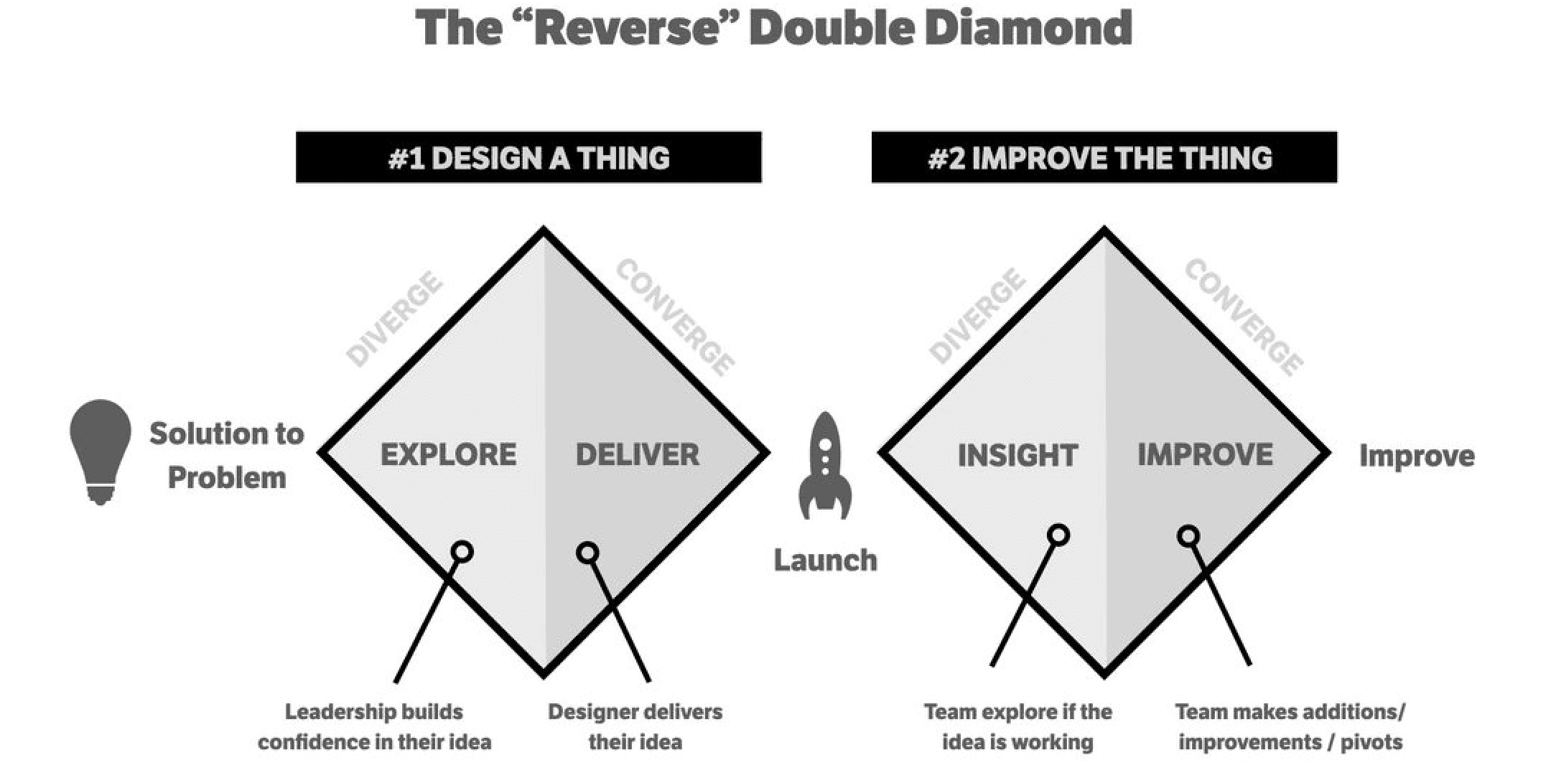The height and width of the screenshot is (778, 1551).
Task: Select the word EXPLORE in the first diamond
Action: click(x=448, y=455)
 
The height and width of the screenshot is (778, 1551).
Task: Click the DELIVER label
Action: click(x=638, y=455)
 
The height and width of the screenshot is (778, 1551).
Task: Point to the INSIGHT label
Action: click(x=1017, y=456)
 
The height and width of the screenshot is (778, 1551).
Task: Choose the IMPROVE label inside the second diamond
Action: click(x=1205, y=455)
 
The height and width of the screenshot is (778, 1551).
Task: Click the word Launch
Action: click(x=825, y=561)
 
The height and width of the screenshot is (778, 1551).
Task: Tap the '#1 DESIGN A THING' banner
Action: click(x=528, y=158)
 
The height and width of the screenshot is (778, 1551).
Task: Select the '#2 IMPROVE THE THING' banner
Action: click(x=1104, y=158)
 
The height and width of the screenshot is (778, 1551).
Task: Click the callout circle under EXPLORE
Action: click(x=463, y=552)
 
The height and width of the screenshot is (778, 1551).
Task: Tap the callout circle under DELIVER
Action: click(x=587, y=553)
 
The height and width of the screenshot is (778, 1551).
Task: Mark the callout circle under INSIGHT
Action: click(x=1058, y=535)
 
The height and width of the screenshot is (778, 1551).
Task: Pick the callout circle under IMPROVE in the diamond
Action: click(x=1188, y=536)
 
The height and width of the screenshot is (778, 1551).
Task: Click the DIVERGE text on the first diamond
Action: click(x=394, y=319)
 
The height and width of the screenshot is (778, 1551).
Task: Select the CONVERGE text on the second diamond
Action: click(x=1244, y=317)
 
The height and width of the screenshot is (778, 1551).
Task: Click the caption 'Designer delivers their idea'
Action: click(x=635, y=726)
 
